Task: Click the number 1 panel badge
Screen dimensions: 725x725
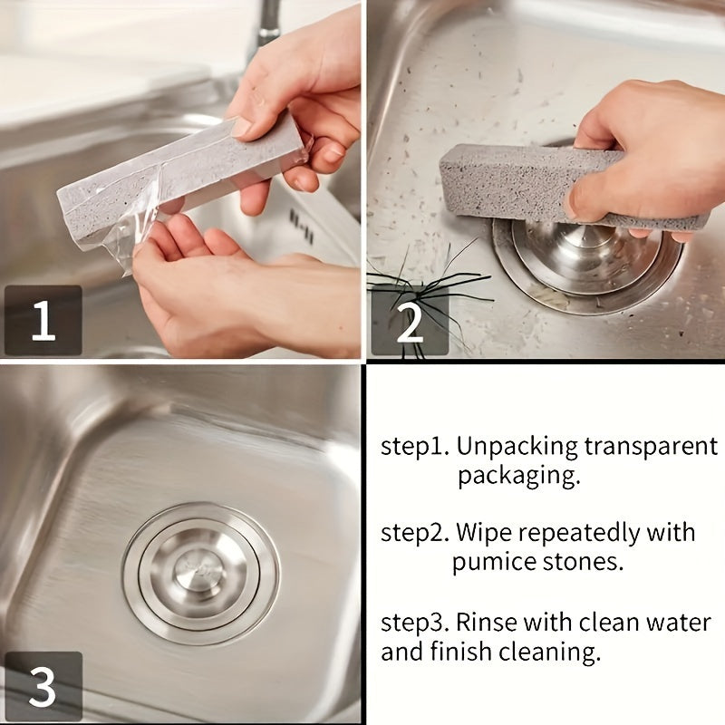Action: pyautogui.click(x=43, y=321)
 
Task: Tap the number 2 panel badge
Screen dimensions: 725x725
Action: pyautogui.click(x=410, y=321)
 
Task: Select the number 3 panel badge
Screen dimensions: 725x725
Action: pyautogui.click(x=43, y=686)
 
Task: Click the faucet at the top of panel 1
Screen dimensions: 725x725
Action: pyautogui.click(x=268, y=23)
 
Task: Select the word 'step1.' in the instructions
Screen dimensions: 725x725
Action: pyautogui.click(x=413, y=447)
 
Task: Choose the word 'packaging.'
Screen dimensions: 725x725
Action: pyautogui.click(x=518, y=475)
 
